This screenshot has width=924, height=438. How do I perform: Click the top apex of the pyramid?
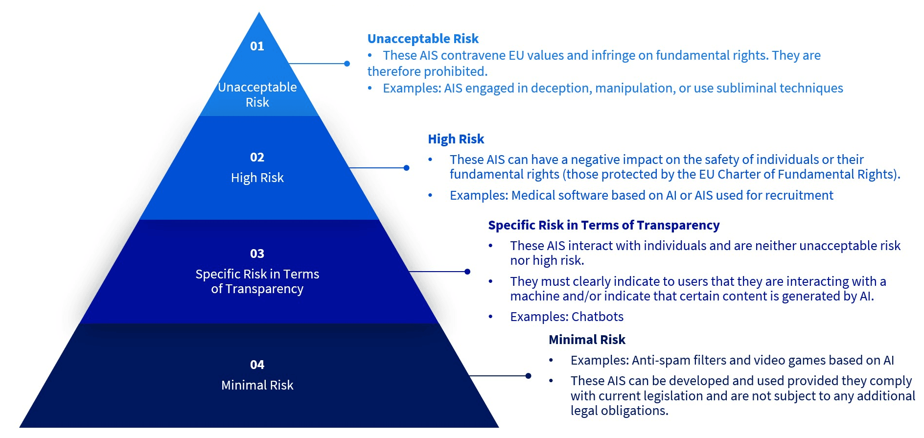coord(259,12)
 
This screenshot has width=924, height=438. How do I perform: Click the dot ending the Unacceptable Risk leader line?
coord(347,64)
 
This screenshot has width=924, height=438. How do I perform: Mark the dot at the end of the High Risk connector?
coord(406,168)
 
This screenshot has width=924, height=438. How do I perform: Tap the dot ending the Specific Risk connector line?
coord(467,272)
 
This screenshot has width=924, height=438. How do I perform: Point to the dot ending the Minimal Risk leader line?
coord(528,376)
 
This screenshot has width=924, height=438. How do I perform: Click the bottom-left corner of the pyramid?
coord(20,427)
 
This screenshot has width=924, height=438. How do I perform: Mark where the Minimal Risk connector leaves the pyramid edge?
coord(469,376)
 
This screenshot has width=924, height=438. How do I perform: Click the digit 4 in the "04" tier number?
coord(261,365)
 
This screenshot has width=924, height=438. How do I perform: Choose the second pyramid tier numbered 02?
coord(259,168)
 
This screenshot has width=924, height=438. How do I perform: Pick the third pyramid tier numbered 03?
coord(259,272)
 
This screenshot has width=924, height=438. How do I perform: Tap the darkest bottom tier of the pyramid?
coord(259,375)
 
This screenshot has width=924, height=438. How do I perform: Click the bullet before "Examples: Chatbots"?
coord(490,317)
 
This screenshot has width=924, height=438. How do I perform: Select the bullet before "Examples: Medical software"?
coord(430,195)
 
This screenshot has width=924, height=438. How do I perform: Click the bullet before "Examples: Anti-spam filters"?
coord(551,360)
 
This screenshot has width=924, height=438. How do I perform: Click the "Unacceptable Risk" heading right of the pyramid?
coord(423,39)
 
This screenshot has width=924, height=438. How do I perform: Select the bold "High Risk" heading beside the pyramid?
coord(456,139)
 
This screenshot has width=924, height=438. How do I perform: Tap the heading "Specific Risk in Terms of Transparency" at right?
coord(604,225)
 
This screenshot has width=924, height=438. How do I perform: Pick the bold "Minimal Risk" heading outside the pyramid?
coord(587,340)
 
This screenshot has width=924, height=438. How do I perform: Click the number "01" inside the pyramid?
coord(257,46)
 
